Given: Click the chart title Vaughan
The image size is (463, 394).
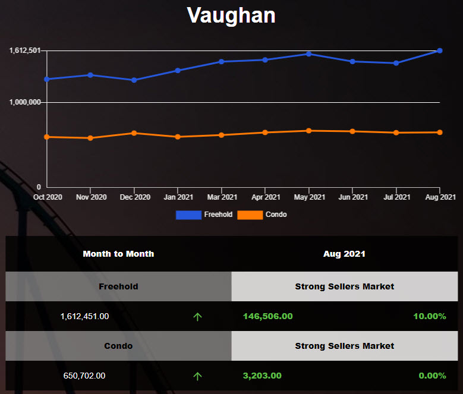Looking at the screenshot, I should click(x=231, y=15).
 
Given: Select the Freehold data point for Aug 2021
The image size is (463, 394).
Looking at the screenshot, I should click(x=440, y=51).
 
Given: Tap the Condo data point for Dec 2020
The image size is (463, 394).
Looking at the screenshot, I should click(x=134, y=133).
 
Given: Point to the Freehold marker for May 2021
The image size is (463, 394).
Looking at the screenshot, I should click(x=308, y=54).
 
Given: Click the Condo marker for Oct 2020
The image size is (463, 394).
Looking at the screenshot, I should click(x=47, y=137).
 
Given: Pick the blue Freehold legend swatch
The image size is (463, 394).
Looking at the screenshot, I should click(x=188, y=215).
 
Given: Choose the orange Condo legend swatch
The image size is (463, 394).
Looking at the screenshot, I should click(x=250, y=215).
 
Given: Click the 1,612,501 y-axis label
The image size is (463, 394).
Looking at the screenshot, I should click(x=24, y=51).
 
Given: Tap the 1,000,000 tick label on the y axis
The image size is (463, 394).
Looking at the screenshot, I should click(x=24, y=102).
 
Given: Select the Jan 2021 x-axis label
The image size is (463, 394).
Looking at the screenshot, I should click(x=178, y=197).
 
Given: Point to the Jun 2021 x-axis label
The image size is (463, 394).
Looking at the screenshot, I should click(x=352, y=197).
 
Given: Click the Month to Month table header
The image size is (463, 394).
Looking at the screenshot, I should click(x=118, y=254).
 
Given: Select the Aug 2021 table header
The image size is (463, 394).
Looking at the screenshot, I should click(x=344, y=254).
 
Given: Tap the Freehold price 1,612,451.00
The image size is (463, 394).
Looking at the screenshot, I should click(x=84, y=316).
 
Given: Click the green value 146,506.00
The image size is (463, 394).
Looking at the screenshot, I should click(x=267, y=316).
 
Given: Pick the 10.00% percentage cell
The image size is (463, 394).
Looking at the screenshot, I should click(x=429, y=316).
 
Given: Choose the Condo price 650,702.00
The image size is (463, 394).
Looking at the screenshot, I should click(x=84, y=376).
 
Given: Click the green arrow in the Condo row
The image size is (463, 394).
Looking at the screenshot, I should click(x=197, y=376).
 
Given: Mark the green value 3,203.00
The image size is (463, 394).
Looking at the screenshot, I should click(x=262, y=376).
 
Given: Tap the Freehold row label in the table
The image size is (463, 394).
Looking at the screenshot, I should click(x=118, y=286).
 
